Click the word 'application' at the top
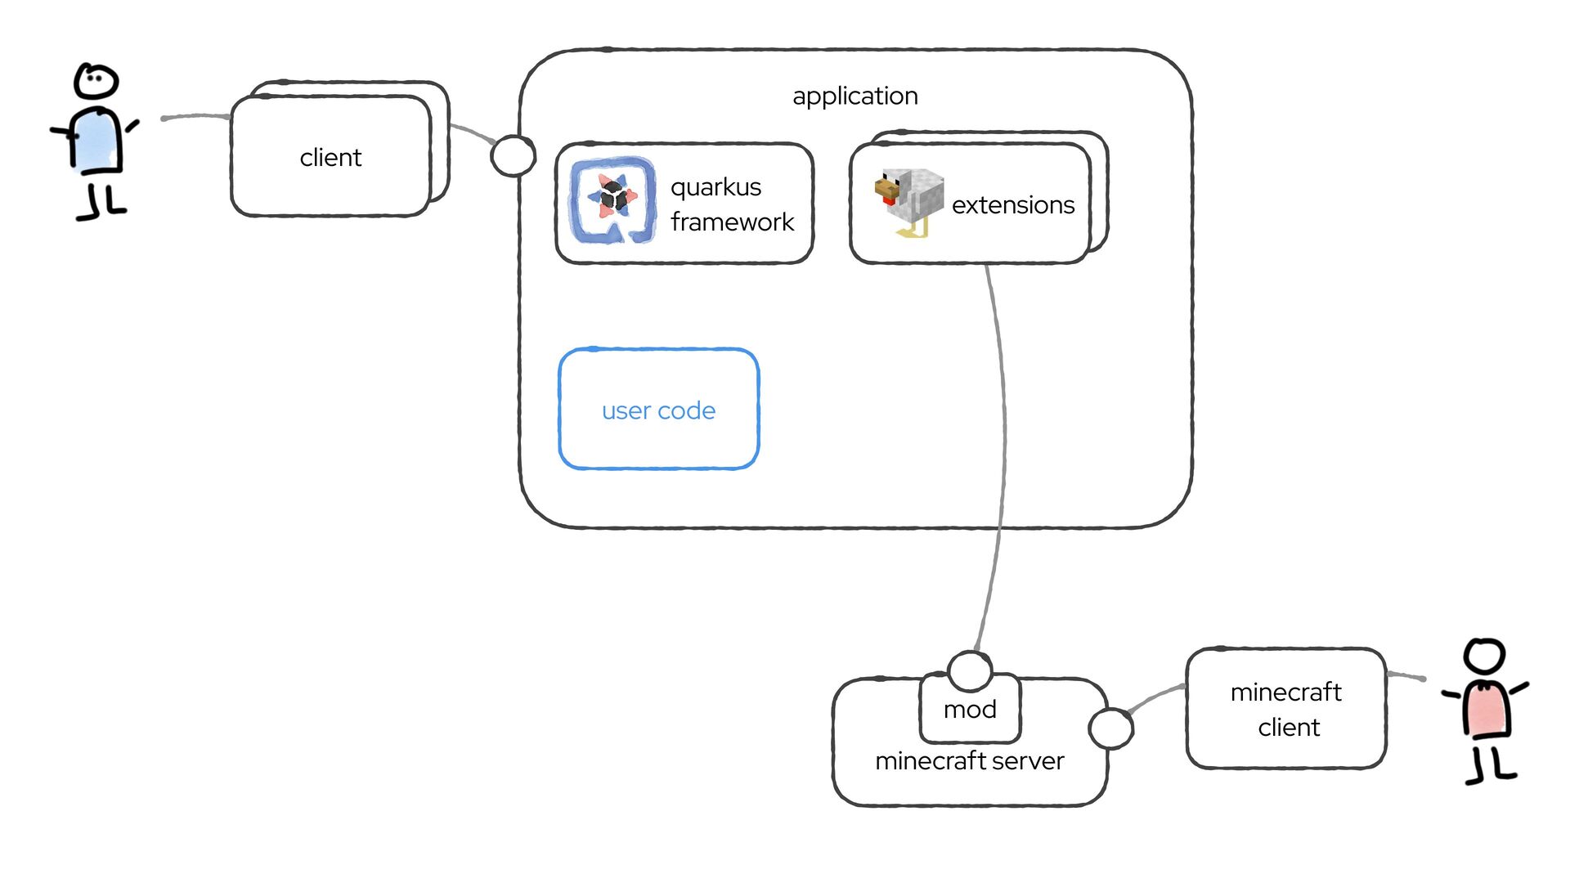click(855, 96)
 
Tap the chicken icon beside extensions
click(908, 200)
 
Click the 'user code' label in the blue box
click(658, 410)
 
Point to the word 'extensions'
click(1012, 204)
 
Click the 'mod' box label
click(970, 709)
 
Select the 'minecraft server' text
click(969, 761)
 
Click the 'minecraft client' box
click(1286, 709)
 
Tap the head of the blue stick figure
click(96, 82)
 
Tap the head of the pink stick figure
click(1484, 656)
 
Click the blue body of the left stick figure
click(96, 141)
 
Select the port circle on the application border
click(513, 155)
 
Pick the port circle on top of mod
click(970, 670)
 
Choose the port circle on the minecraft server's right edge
click(1110, 728)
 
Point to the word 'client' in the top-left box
click(330, 157)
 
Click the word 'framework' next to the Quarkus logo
click(732, 222)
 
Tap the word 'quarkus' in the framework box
click(715, 187)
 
